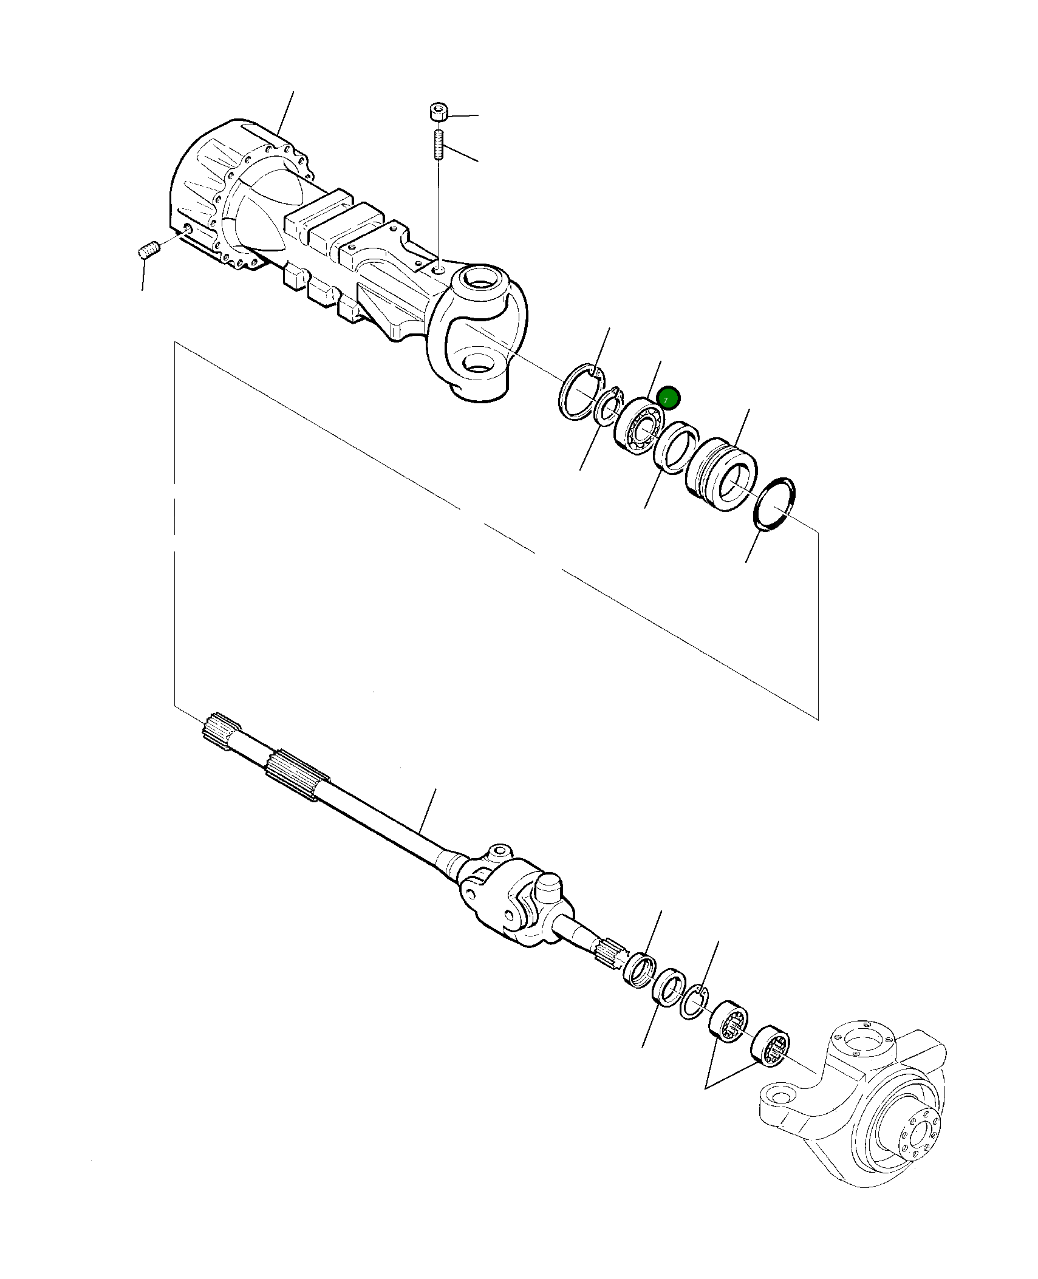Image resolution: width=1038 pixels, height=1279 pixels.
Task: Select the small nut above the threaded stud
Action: (438, 113)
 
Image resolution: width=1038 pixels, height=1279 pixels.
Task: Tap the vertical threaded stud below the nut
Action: (438, 143)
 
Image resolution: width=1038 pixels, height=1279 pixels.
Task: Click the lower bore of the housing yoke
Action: (480, 364)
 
